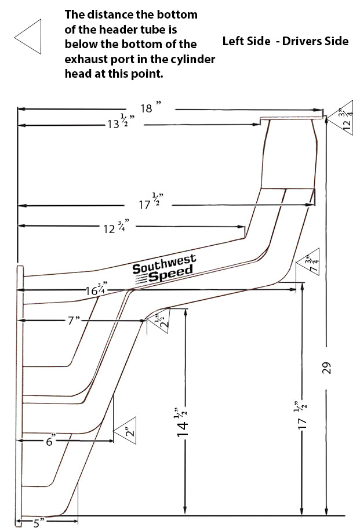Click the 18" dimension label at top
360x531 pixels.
[149, 108]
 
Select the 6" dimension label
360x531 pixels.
[49, 442]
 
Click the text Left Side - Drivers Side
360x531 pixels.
[285, 41]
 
